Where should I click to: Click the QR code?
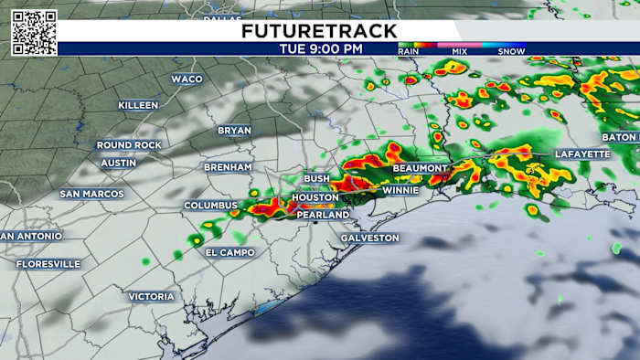coord(34,33)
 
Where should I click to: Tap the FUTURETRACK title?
coord(319,31)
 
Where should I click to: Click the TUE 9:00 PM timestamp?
coord(319,48)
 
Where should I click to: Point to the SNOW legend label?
coord(511,52)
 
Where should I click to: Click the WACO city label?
coord(187,79)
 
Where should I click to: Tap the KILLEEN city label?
coord(138,105)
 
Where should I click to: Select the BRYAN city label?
coord(234,131)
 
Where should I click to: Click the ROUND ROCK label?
coord(129,145)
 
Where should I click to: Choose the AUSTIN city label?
coord(118,163)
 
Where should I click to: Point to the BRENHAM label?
coord(228,167)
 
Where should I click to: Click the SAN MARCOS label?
coord(91,194)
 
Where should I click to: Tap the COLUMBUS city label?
coord(210,206)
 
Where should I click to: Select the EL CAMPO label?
coord(229,252)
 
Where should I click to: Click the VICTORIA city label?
coord(151,296)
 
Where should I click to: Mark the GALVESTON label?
coord(369,238)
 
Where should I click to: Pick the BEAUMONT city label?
coord(420,169)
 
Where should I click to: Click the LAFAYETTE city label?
coord(581,154)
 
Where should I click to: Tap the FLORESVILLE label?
coord(48,263)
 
